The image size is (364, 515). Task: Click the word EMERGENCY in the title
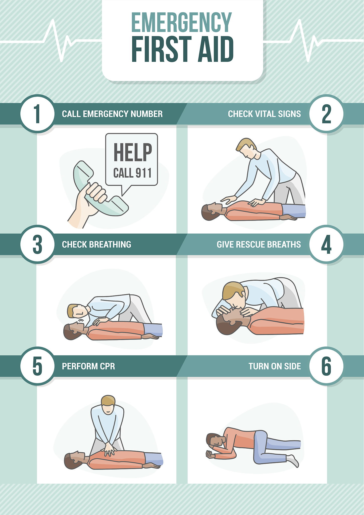(x=181, y=23)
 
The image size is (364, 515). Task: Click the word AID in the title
(x=216, y=49)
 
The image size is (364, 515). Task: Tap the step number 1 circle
(x=37, y=114)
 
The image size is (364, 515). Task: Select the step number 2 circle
(x=326, y=114)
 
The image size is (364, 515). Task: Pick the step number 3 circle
(x=37, y=244)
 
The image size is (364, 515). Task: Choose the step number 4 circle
(x=326, y=244)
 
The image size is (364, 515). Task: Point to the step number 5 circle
(x=37, y=366)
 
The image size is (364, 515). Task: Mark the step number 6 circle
(x=326, y=366)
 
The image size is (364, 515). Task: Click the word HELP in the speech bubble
(x=133, y=152)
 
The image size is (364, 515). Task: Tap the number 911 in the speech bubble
(x=144, y=173)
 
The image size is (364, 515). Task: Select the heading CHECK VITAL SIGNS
(x=264, y=114)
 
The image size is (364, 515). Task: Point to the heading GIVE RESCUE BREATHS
(x=259, y=244)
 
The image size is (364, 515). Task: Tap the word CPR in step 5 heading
(x=108, y=366)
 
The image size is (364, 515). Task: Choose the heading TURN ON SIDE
(x=275, y=366)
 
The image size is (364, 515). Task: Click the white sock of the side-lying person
(x=292, y=460)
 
